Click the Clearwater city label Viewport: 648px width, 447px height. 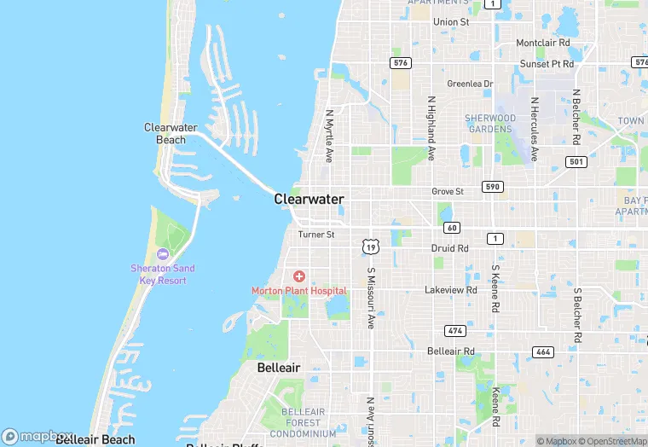[x=309, y=199]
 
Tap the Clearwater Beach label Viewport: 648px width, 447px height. [x=171, y=133]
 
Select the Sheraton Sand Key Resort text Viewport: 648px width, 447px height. [x=162, y=273]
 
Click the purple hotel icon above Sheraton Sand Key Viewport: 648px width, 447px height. [x=163, y=254]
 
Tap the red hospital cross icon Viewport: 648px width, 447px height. [x=299, y=276]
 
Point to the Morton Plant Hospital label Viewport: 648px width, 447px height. [x=298, y=291]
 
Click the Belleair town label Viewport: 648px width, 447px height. [x=279, y=368]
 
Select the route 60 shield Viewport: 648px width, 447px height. [x=452, y=227]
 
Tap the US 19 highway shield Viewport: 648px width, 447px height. [x=369, y=247]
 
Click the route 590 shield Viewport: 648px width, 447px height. [x=492, y=186]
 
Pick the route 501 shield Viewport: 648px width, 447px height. [x=576, y=161]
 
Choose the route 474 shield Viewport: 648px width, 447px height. [x=454, y=330]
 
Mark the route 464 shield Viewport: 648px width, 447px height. [x=542, y=351]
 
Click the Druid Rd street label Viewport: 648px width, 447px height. [x=449, y=249]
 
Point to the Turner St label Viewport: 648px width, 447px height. [x=316, y=235]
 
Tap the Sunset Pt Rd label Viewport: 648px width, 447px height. [x=547, y=64]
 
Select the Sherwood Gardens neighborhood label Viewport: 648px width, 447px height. [x=489, y=124]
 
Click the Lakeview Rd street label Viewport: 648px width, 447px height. [x=451, y=290]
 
